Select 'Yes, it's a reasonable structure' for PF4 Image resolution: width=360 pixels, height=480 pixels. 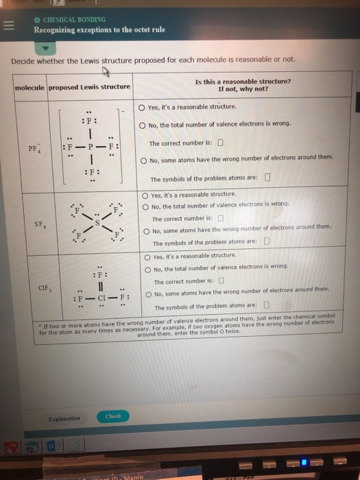pyautogui.click(x=142, y=107)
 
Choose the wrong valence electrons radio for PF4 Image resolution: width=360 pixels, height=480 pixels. pyautogui.click(x=142, y=124)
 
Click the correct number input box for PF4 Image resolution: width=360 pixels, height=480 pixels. pyautogui.click(x=220, y=143)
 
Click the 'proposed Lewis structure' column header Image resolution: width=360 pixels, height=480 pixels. pyautogui.click(x=89, y=86)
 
